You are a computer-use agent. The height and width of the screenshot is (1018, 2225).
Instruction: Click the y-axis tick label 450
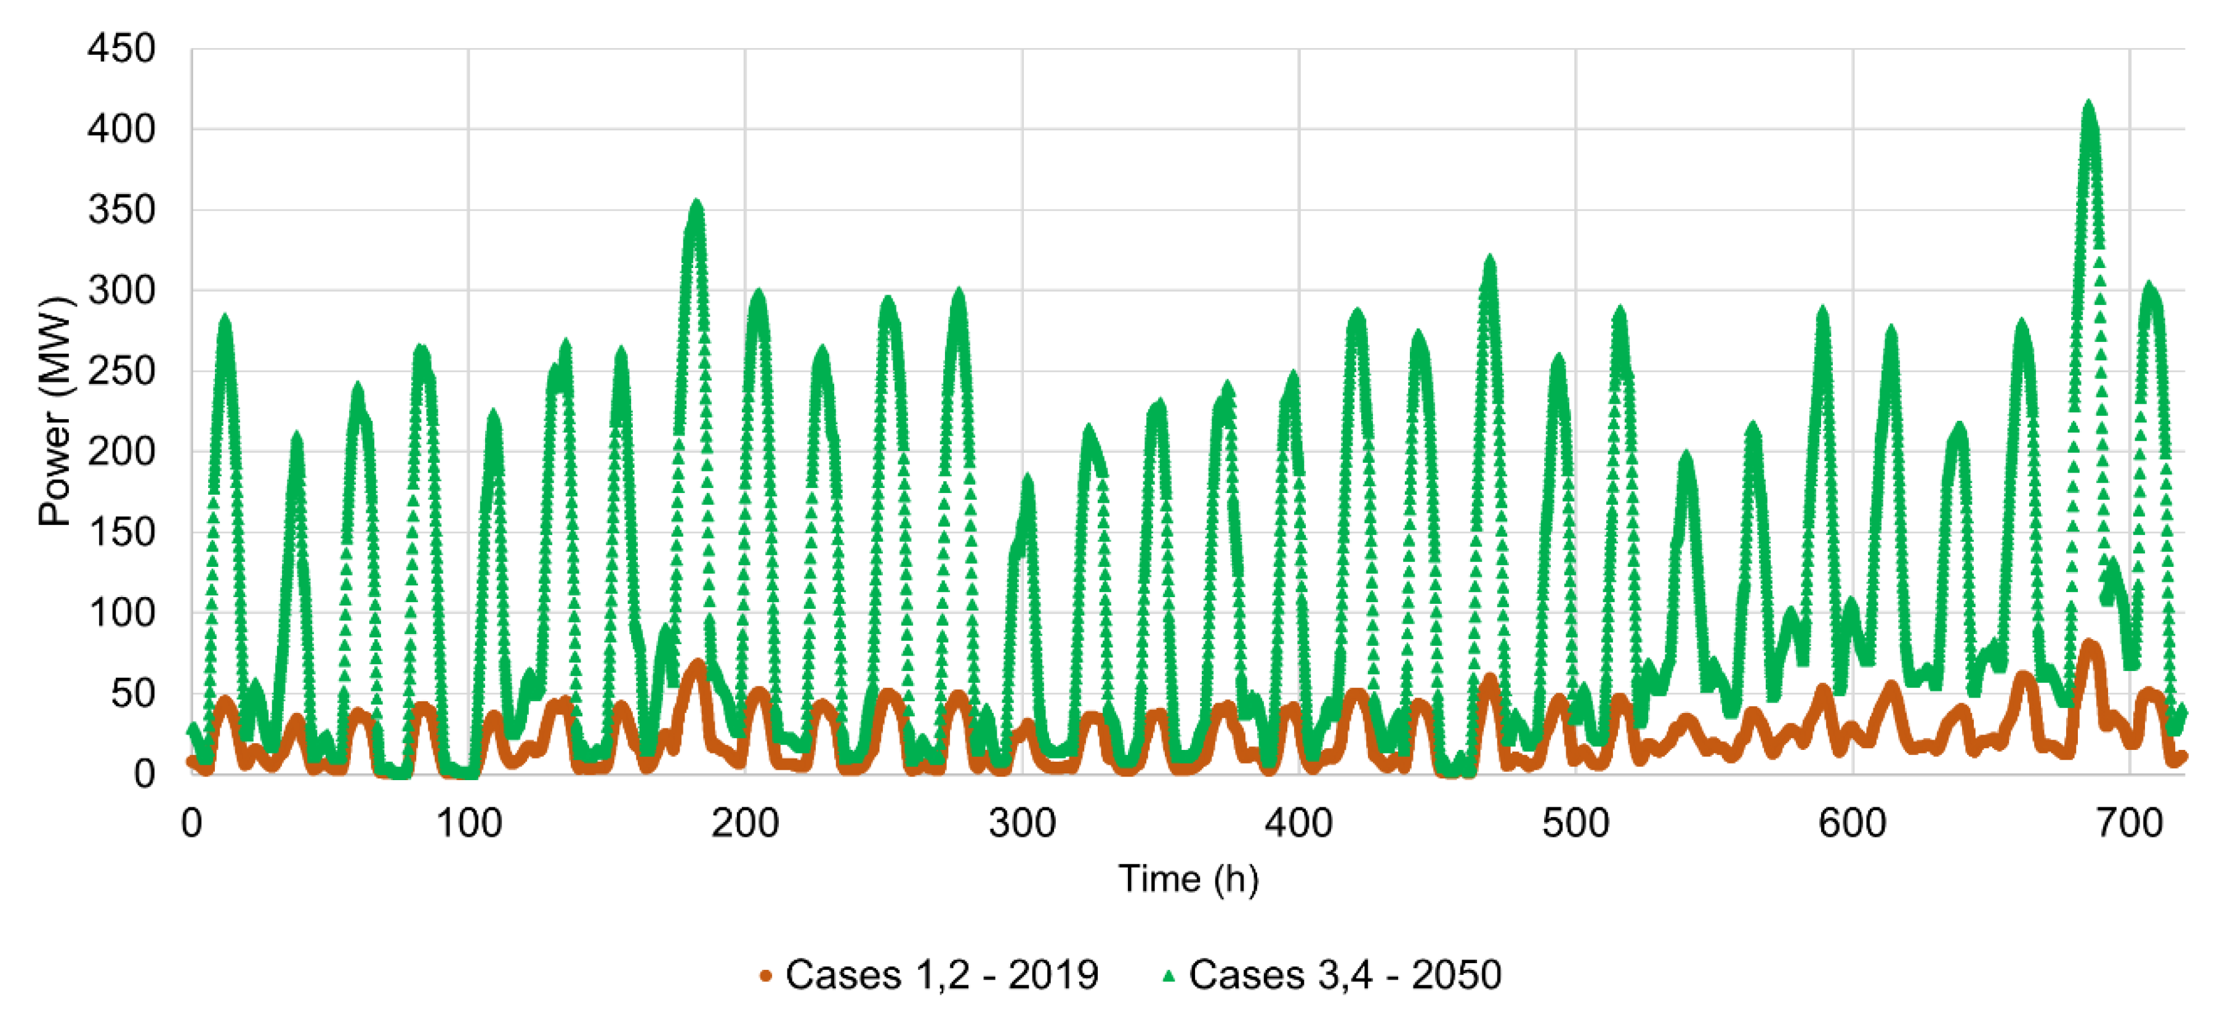pyautogui.click(x=121, y=49)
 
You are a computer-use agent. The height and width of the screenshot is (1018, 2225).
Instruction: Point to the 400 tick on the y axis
pyautogui.click(x=121, y=129)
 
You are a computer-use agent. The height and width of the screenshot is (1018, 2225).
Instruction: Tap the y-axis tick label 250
pyautogui.click(x=121, y=372)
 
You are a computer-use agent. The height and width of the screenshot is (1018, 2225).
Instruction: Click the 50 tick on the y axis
pyautogui.click(x=132, y=694)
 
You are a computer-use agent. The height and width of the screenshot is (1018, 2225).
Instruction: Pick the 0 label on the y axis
pyautogui.click(x=143, y=773)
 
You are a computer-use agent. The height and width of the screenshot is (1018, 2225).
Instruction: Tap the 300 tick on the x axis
pyautogui.click(x=1022, y=823)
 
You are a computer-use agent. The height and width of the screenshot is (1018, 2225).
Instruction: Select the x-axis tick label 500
pyautogui.click(x=1575, y=823)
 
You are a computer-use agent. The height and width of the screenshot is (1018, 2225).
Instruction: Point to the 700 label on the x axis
pyautogui.click(x=2129, y=823)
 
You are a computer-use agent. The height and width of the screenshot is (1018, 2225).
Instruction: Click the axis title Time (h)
pyautogui.click(x=1188, y=879)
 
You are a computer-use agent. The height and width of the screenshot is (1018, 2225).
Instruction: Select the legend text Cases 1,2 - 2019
pyautogui.click(x=941, y=975)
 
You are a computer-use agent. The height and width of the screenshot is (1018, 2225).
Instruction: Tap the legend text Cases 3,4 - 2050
pyautogui.click(x=1345, y=975)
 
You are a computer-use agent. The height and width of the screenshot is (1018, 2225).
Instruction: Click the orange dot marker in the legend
pyautogui.click(x=765, y=977)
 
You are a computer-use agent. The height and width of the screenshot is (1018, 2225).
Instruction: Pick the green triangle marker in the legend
pyautogui.click(x=1169, y=977)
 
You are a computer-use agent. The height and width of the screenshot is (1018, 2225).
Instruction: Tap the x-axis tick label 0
pyautogui.click(x=191, y=823)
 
